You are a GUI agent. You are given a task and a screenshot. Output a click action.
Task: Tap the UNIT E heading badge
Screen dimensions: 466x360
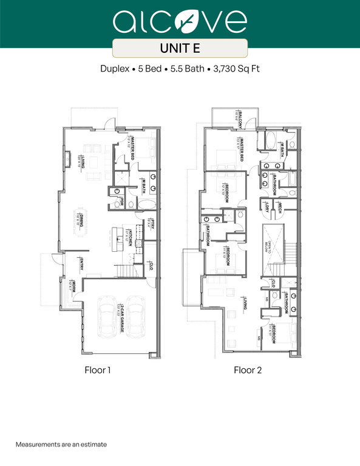tap(180, 47)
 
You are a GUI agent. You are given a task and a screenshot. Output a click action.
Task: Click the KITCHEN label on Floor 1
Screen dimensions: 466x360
tap(131, 235)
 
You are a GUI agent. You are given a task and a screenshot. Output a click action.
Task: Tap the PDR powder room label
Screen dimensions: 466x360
tap(123, 201)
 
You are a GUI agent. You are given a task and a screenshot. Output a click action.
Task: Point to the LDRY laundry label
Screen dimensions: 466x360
tap(267, 208)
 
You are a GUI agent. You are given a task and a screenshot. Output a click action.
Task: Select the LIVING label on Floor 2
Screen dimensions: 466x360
tap(244, 303)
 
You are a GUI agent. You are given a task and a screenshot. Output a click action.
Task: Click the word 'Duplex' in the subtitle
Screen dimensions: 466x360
tap(114, 69)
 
